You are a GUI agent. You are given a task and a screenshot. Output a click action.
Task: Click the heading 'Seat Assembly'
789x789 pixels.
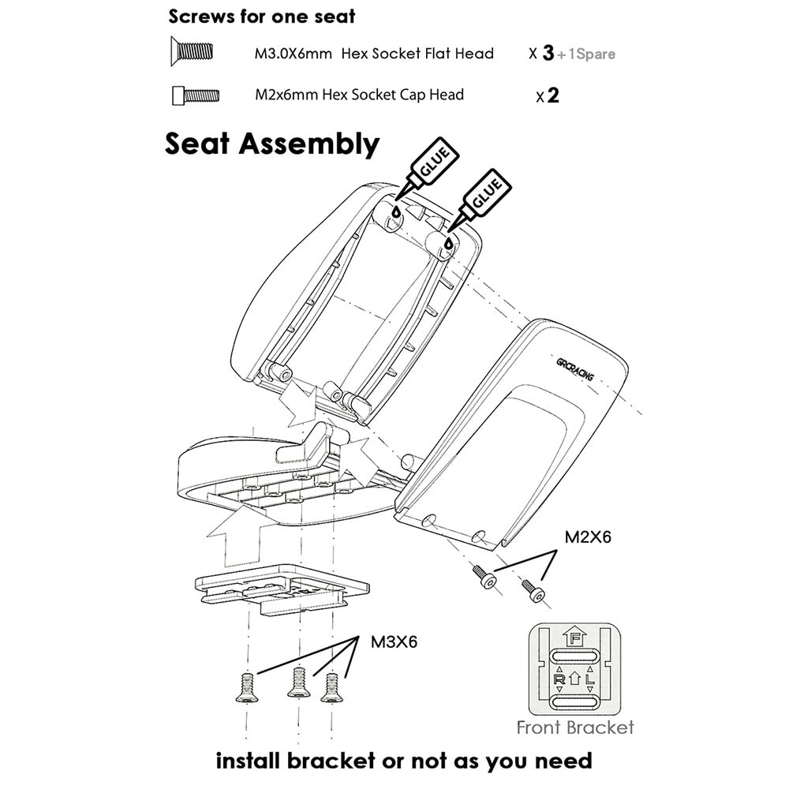271,144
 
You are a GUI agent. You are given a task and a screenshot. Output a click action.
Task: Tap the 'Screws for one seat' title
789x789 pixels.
261,17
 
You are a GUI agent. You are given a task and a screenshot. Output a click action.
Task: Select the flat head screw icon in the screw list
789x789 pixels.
193,53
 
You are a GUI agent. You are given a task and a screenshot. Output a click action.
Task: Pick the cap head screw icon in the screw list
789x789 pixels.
195,95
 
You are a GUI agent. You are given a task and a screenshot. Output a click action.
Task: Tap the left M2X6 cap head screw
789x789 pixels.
484,577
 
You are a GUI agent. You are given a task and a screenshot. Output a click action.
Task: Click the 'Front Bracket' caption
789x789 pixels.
574,727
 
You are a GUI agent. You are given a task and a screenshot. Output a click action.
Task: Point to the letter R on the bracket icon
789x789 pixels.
559,677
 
